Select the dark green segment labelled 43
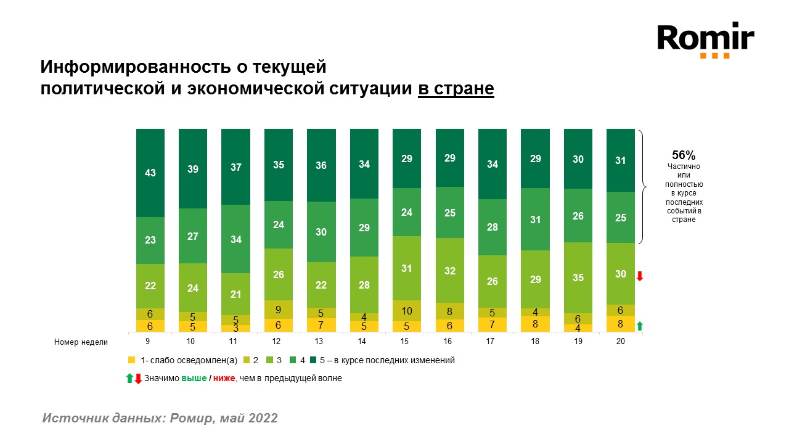click(150, 173)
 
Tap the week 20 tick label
click(621, 342)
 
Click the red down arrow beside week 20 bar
click(640, 276)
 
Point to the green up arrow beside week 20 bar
click(640, 326)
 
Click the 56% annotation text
click(684, 155)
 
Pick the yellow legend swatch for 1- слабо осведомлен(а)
click(130, 360)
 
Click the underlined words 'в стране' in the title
click(456, 89)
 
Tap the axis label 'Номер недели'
click(81, 342)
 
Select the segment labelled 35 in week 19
click(578, 277)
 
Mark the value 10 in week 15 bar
click(407, 311)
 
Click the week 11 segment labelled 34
click(236, 239)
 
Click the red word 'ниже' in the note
click(224, 379)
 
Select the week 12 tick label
click(279, 342)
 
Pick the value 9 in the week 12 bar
click(279, 310)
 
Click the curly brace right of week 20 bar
click(643, 186)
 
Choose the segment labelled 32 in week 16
click(450, 270)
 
